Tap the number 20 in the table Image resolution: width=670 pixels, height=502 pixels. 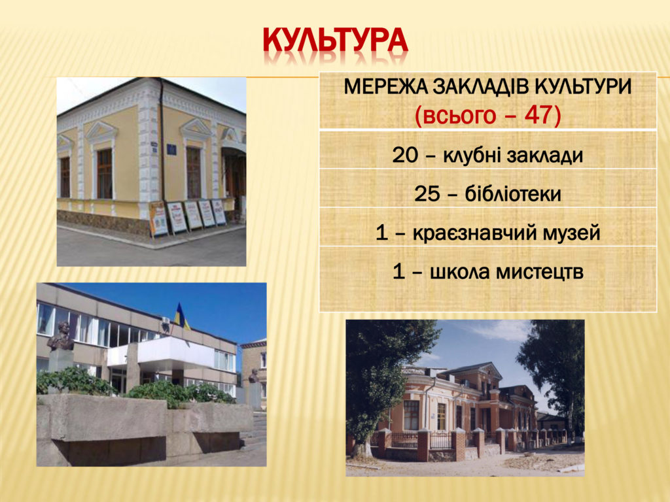tap(404, 156)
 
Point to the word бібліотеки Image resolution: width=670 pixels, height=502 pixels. tap(513, 194)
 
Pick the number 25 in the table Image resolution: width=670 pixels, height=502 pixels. tap(427, 195)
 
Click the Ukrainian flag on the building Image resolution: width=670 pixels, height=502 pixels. tap(181, 316)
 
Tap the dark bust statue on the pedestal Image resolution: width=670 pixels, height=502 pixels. tap(61, 337)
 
